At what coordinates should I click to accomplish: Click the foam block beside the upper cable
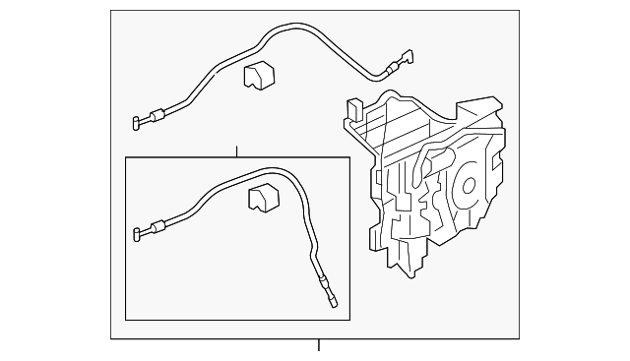click(x=258, y=75)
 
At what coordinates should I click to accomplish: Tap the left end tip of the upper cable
click(x=134, y=124)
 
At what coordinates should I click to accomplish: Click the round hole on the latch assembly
click(x=466, y=185)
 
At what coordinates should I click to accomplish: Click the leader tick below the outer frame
click(x=318, y=345)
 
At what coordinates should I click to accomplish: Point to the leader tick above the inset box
click(x=236, y=150)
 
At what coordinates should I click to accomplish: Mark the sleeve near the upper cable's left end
click(x=157, y=116)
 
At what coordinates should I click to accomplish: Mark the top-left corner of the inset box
click(x=125, y=157)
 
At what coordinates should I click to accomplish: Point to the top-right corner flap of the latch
click(x=489, y=101)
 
